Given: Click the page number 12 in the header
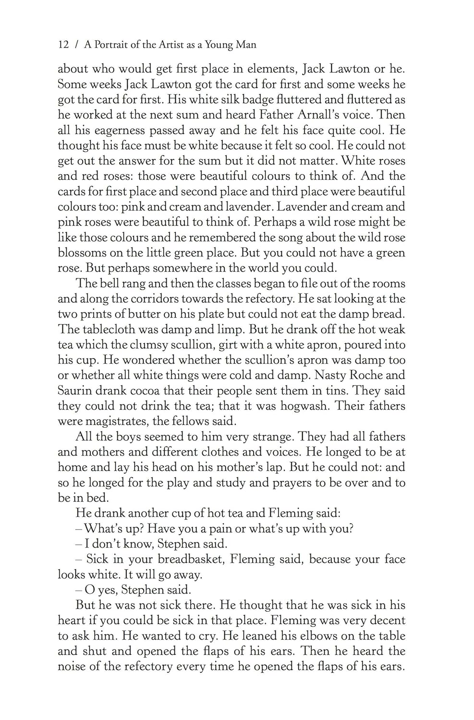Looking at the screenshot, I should pos(63,45).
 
